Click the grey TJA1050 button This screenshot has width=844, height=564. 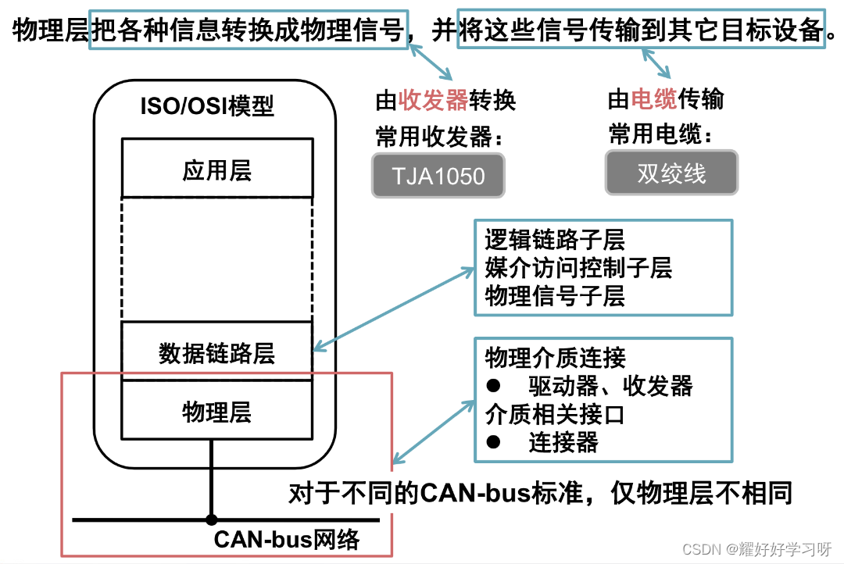tap(438, 174)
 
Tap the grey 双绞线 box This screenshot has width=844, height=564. tap(671, 173)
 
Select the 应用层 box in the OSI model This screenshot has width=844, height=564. tap(216, 170)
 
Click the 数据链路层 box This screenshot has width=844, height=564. tap(216, 353)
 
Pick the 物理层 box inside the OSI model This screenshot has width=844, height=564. tap(216, 411)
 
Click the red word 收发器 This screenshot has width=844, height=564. tap(433, 101)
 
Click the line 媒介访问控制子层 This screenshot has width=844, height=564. tap(578, 268)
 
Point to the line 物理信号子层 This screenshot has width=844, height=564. tap(555, 295)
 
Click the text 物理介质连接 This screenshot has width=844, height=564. tap(555, 358)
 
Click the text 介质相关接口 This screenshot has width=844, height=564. tap(555, 413)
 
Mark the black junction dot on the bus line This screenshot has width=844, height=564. tap(211, 519)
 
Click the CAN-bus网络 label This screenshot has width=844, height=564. tap(287, 540)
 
